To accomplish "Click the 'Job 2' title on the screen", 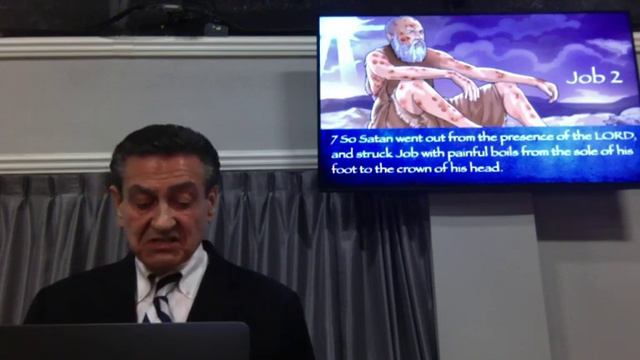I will pos(594,77).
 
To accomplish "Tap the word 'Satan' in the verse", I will pos(370,137).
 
